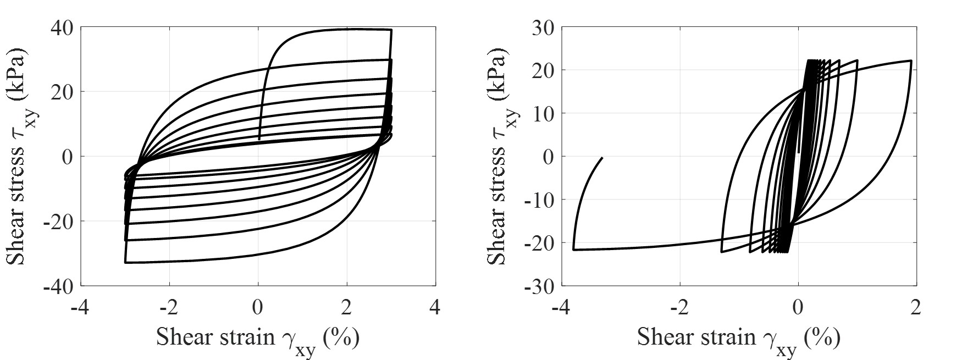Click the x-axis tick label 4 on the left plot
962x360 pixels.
pos(435,307)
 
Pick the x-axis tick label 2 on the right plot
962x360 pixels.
pos(915,307)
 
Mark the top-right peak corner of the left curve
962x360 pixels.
pos(391,30)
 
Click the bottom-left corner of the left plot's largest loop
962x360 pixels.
pos(125,263)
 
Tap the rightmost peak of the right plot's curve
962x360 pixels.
pos(911,60)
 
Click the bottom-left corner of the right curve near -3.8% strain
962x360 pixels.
pos(574,250)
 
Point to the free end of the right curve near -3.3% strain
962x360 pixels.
pos(602,158)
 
